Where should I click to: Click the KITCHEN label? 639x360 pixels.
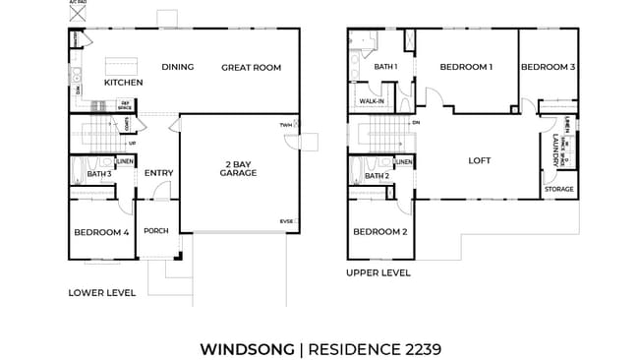click(x=124, y=83)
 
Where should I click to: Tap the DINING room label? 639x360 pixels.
click(x=177, y=67)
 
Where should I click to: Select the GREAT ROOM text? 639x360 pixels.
click(x=251, y=67)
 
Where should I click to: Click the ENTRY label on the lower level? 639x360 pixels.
click(x=158, y=173)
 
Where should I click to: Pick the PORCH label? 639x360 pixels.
click(x=156, y=232)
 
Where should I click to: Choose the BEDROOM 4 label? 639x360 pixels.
click(x=101, y=232)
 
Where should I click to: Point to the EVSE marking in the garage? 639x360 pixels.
click(x=286, y=221)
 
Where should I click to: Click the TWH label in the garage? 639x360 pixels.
click(x=286, y=125)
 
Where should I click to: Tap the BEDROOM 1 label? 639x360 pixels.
click(x=466, y=67)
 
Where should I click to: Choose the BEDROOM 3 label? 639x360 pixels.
click(x=548, y=67)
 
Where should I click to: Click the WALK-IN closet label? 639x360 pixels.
click(x=372, y=101)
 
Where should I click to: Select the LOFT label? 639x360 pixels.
click(x=479, y=160)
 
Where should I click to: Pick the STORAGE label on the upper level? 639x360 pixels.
click(x=559, y=189)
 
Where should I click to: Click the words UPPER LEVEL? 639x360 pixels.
click(x=378, y=272)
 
